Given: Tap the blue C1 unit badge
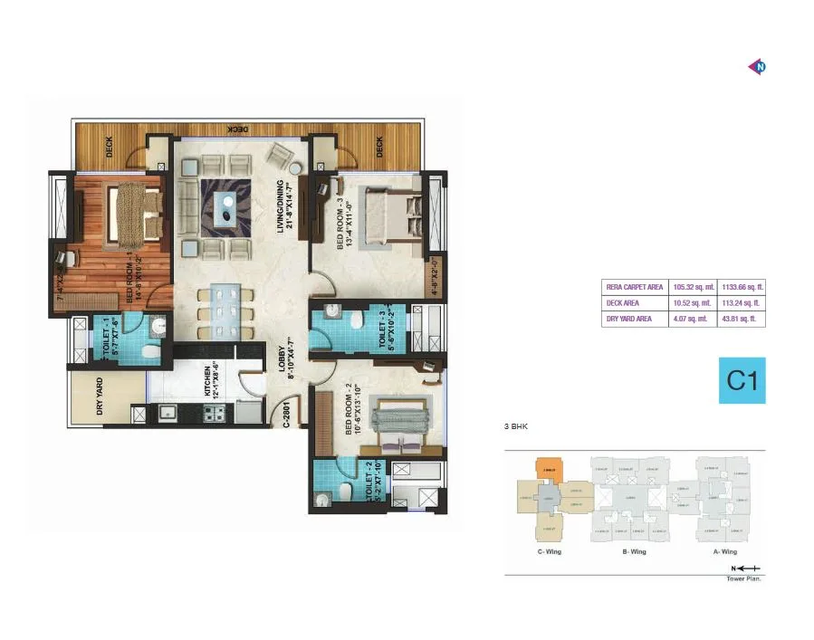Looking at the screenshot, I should pyautogui.click(x=742, y=381).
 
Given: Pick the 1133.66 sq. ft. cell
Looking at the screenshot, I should pyautogui.click(x=742, y=287).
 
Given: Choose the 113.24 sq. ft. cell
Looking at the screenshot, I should pyautogui.click(x=742, y=303).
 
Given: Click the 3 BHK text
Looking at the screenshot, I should pyautogui.click(x=517, y=425).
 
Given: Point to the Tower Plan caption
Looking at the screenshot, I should pyautogui.click(x=743, y=578).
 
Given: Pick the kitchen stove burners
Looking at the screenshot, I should pyautogui.click(x=214, y=415).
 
